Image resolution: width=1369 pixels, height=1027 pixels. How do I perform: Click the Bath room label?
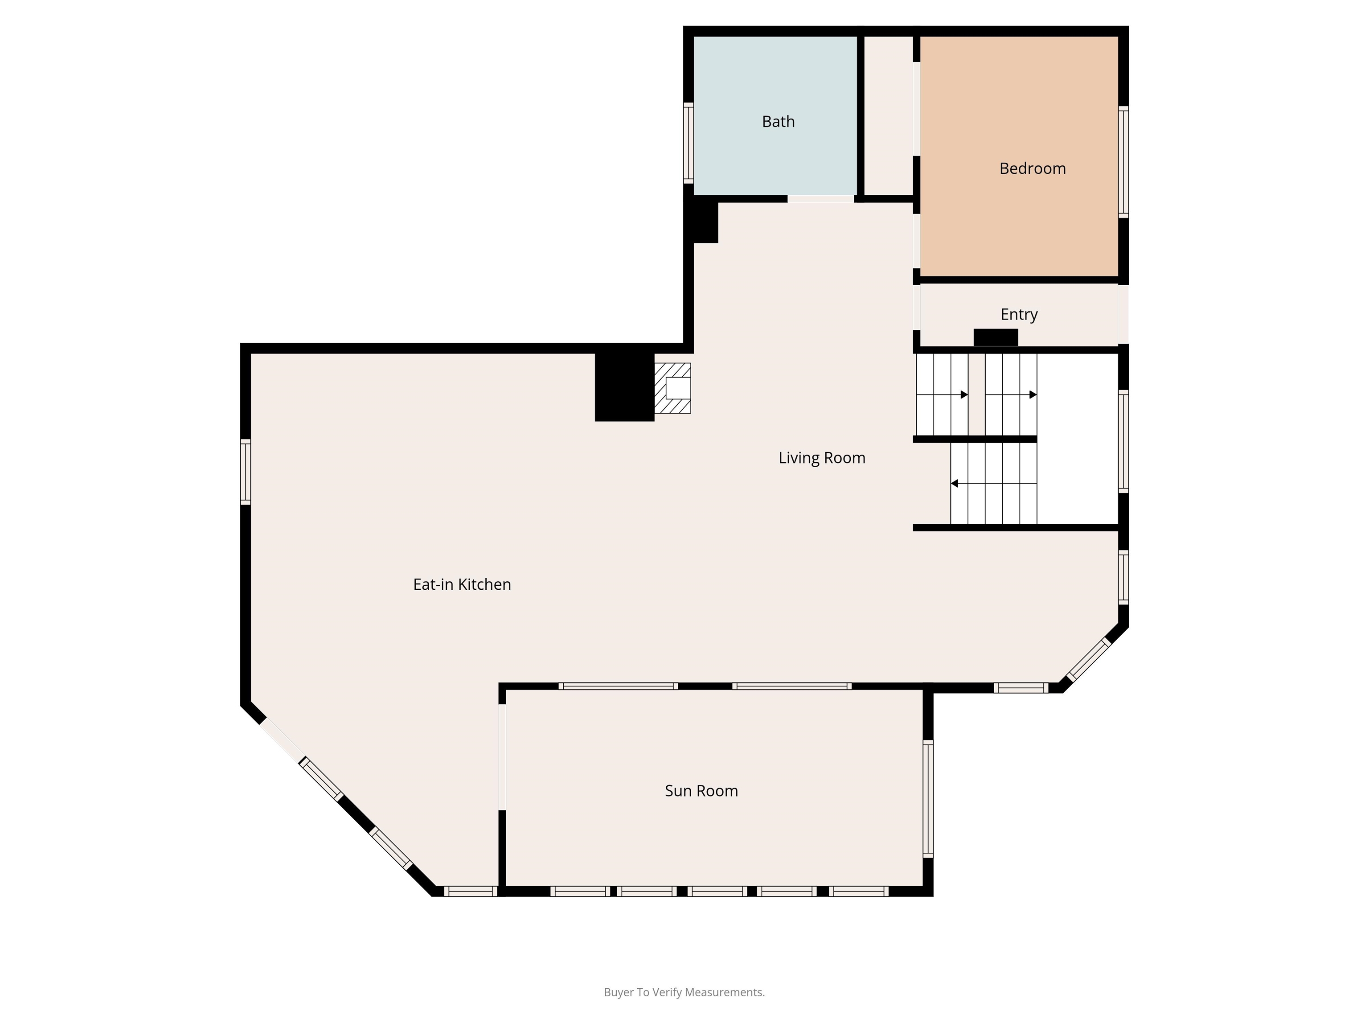778,121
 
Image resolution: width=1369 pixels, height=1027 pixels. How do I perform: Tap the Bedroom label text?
1032,168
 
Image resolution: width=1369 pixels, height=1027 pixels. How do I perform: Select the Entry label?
1019,315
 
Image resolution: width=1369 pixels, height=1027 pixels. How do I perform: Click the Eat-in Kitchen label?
462,584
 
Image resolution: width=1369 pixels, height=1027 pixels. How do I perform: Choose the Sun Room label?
701,790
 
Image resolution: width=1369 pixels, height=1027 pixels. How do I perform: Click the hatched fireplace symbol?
673,387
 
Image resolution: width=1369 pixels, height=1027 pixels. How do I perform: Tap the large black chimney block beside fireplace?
624,386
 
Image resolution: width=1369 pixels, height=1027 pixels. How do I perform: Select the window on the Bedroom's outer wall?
1123,161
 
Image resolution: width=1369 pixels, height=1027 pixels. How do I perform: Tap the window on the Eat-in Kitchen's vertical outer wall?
246,472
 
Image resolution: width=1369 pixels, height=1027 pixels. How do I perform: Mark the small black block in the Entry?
996,338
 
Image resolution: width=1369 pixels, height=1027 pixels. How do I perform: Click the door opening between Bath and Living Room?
821,199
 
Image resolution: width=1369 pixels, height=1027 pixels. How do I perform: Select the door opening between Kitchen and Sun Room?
502,757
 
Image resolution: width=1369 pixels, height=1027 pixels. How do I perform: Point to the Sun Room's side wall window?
928,799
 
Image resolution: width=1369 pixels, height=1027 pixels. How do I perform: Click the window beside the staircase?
1123,441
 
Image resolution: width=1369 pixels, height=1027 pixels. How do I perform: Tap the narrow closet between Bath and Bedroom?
888,115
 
